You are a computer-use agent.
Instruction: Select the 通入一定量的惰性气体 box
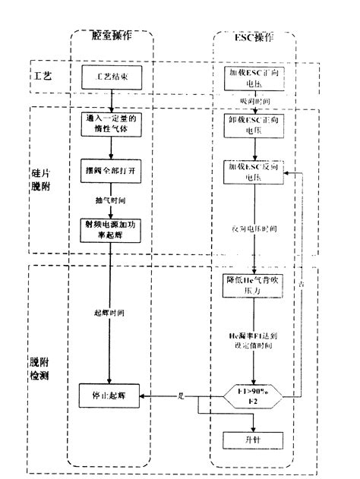(x=111, y=124)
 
